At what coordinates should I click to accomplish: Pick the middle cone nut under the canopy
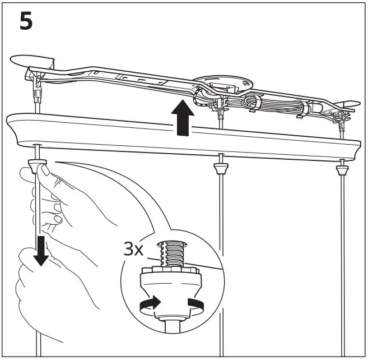coord(221,167)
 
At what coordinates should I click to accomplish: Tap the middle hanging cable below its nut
coord(221,252)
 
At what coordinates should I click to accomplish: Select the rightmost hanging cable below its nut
coord(341,252)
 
